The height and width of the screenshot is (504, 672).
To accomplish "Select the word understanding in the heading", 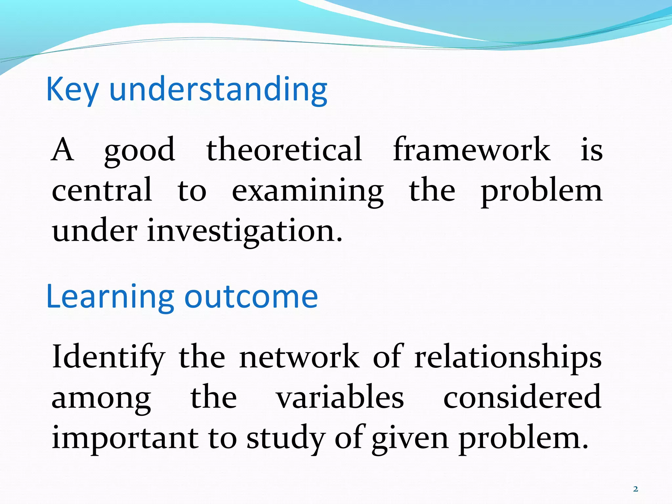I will pyautogui.click(x=218, y=89).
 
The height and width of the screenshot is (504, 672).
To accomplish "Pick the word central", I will pyautogui.click(x=102, y=190).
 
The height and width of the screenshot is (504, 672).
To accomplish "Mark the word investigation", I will pyautogui.click(x=245, y=231).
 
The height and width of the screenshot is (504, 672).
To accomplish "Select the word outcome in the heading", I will pyautogui.click(x=251, y=297).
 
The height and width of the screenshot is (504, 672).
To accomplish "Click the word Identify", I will pyautogui.click(x=109, y=358).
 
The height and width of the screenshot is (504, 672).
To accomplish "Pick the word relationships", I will pyautogui.click(x=508, y=358).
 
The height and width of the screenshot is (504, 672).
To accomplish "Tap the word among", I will pyautogui.click(x=101, y=399).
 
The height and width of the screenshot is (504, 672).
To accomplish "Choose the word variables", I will pyautogui.click(x=340, y=397).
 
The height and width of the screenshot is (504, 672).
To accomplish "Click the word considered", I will pyautogui.click(x=522, y=397).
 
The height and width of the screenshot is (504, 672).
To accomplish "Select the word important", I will pyautogui.click(x=125, y=438).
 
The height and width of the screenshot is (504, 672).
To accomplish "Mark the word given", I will pyautogui.click(x=410, y=439).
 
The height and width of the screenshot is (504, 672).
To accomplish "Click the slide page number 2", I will pyautogui.click(x=636, y=489).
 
